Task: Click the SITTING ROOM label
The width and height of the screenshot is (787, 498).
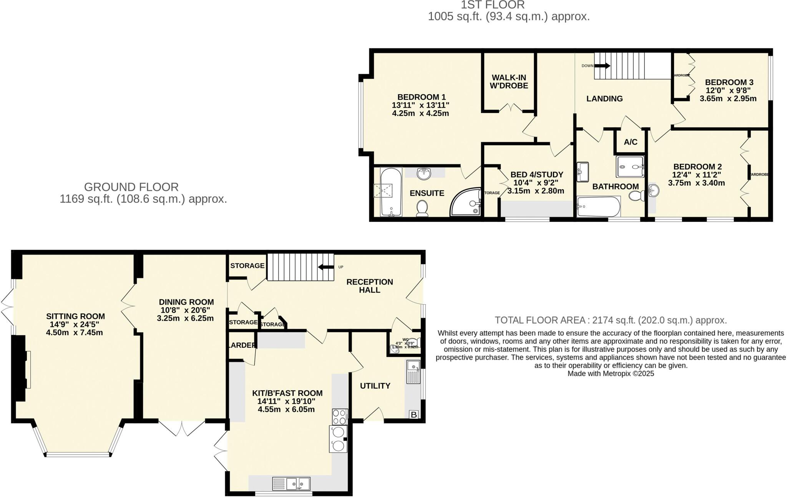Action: [x=75, y=316]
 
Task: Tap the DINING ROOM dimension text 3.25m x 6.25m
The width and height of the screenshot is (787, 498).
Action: [x=185, y=318]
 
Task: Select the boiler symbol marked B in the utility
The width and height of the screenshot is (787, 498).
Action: [x=414, y=415]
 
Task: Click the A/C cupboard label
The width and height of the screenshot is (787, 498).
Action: [x=630, y=142]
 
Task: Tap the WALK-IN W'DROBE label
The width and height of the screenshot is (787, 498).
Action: [x=509, y=82]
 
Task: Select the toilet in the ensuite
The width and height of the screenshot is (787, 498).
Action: [x=422, y=208]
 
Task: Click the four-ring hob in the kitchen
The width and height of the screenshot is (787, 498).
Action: [x=340, y=416]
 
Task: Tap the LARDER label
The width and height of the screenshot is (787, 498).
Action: [x=242, y=345]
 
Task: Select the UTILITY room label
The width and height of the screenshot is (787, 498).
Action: [x=375, y=386]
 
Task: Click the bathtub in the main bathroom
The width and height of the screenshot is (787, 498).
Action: [x=598, y=207]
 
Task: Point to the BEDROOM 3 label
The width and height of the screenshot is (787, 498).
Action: [x=724, y=82]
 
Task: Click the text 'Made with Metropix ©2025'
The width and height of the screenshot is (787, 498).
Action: [x=611, y=373]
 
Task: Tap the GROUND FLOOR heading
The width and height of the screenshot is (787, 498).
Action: [x=131, y=187]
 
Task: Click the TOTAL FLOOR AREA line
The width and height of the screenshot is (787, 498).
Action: [x=611, y=320]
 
